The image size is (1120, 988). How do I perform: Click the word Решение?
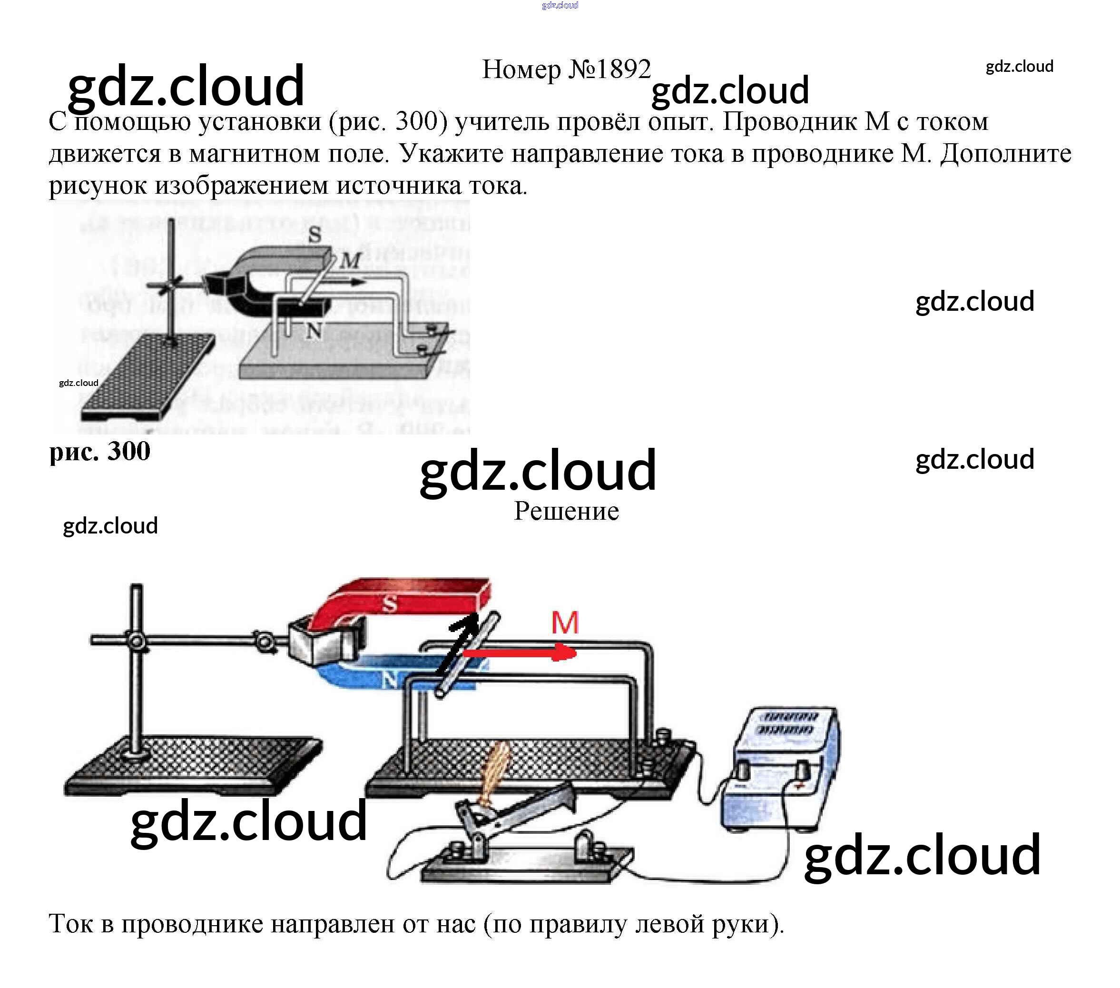click(x=566, y=511)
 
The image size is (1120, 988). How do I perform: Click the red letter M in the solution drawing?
click(x=565, y=622)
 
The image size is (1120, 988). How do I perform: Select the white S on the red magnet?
click(x=389, y=604)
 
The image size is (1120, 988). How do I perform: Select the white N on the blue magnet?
click(x=390, y=681)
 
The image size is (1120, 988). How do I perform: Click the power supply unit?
click(x=781, y=768)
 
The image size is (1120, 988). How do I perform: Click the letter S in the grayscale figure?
click(x=314, y=235)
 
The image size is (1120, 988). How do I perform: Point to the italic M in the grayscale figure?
click(x=350, y=260)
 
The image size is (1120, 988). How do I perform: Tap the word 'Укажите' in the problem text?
click(x=452, y=153)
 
